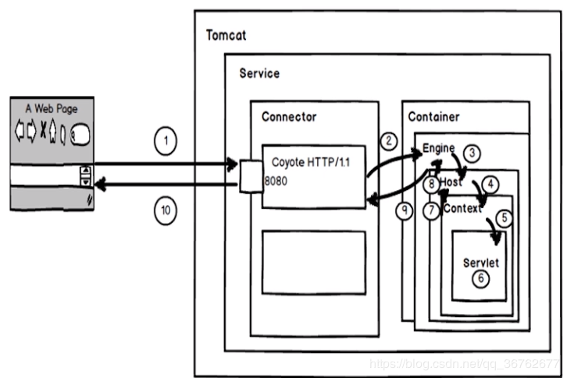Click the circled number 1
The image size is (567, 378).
pyautogui.click(x=166, y=141)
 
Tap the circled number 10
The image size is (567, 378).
pyautogui.click(x=166, y=210)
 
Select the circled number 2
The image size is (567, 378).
pyautogui.click(x=389, y=141)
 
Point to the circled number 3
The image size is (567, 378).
pyautogui.click(x=472, y=153)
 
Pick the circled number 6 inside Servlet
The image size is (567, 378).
pyautogui.click(x=481, y=278)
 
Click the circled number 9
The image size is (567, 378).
pyautogui.click(x=405, y=210)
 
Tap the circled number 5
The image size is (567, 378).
pyautogui.click(x=504, y=218)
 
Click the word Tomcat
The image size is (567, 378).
pyautogui.click(x=226, y=35)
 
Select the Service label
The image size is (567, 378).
pyautogui.click(x=259, y=73)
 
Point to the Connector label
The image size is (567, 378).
pyautogui.click(x=289, y=117)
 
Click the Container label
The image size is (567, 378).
pyautogui.click(x=433, y=117)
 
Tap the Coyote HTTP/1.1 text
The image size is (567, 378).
pyautogui.click(x=311, y=162)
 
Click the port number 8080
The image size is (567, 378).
pyautogui.click(x=276, y=181)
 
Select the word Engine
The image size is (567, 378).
pyautogui.click(x=438, y=148)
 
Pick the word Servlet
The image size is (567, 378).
pyautogui.click(x=481, y=263)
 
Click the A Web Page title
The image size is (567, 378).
pyautogui.click(x=52, y=108)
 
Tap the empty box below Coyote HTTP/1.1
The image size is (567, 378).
pyautogui.click(x=313, y=263)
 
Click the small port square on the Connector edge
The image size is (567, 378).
pyautogui.click(x=251, y=176)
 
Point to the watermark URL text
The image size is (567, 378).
pyautogui.click(x=465, y=363)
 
